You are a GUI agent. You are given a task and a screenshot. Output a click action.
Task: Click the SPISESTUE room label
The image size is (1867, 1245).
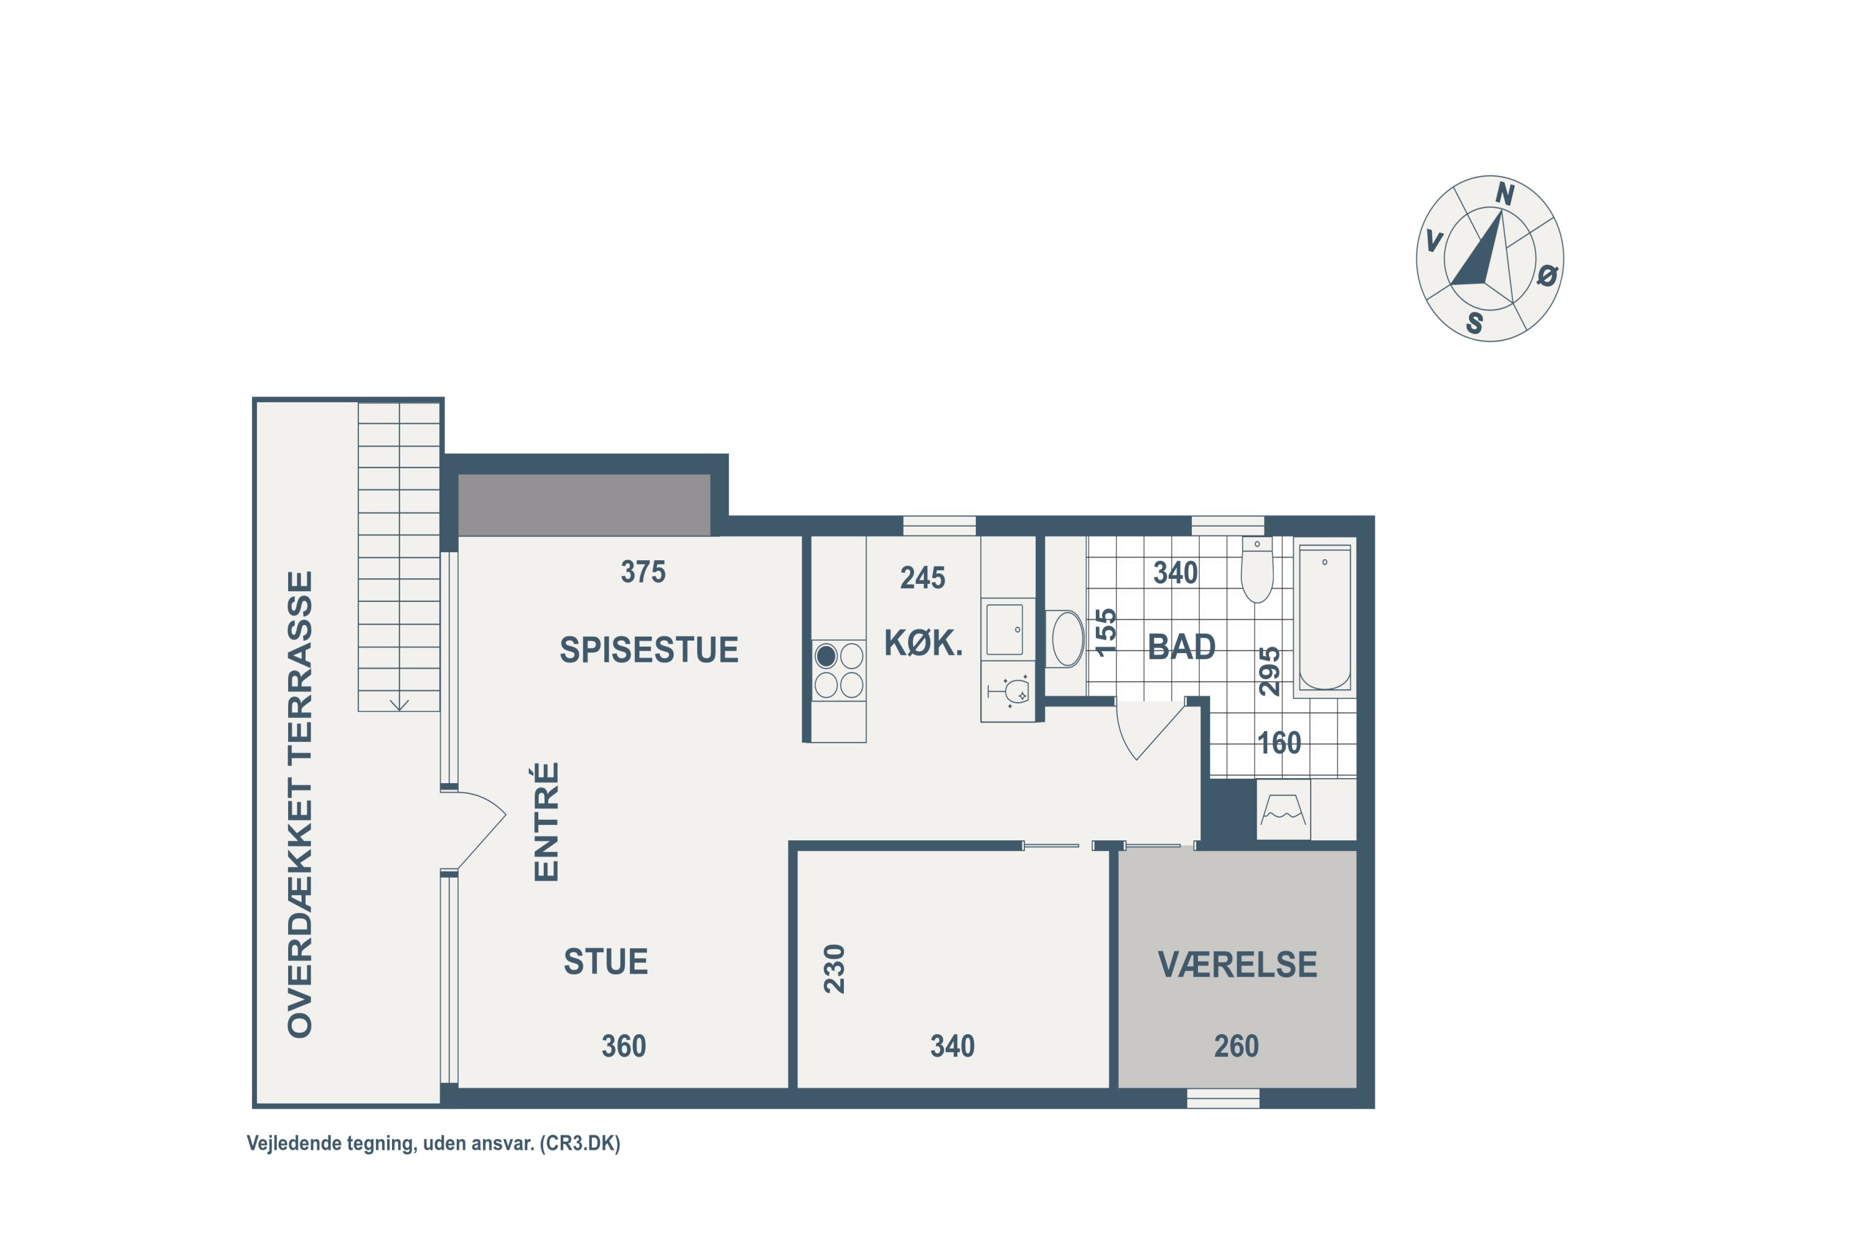point(648,649)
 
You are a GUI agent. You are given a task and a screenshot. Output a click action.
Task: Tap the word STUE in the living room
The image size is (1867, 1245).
point(606,962)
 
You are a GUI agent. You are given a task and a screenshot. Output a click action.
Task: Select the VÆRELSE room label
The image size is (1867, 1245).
point(1238,965)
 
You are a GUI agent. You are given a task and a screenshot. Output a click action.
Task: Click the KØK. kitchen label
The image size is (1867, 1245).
point(923,643)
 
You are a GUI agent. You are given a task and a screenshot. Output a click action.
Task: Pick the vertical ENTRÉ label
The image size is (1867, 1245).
point(546,822)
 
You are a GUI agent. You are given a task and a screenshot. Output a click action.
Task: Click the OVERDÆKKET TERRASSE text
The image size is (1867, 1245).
point(300,804)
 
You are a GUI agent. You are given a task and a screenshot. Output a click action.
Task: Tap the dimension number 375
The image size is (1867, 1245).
point(643,571)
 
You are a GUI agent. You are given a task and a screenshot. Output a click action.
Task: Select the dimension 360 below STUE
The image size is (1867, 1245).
point(624,1046)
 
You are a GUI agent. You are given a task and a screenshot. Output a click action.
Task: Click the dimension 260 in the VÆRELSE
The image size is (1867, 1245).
point(1236,1046)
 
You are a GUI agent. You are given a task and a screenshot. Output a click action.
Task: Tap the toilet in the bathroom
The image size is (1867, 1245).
point(1256,570)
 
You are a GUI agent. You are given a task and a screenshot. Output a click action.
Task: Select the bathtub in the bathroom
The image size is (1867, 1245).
point(1324,618)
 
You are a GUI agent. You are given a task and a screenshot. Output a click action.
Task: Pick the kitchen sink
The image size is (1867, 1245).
point(1005,629)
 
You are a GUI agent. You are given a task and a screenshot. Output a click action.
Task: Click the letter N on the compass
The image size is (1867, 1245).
point(1505,194)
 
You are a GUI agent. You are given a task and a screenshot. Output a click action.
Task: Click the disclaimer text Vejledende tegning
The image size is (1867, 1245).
point(331,1144)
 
